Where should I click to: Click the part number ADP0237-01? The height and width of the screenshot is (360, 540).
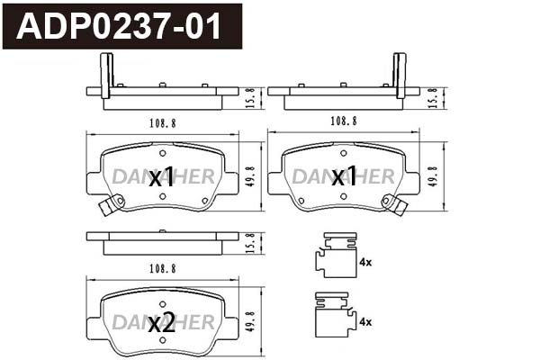(119, 26)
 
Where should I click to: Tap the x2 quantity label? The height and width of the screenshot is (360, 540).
(161, 324)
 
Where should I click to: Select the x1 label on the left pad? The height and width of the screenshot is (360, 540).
(161, 178)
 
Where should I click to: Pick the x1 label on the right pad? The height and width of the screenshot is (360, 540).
(344, 176)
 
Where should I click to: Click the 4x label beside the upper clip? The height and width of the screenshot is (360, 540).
(365, 262)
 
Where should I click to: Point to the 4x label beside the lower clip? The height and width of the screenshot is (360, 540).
(365, 322)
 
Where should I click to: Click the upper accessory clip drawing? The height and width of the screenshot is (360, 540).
(336, 255)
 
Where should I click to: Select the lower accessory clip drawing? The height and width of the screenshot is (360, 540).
(336, 315)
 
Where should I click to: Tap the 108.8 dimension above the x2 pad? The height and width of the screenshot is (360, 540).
(163, 269)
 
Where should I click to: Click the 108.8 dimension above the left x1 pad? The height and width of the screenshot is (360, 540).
(163, 123)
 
